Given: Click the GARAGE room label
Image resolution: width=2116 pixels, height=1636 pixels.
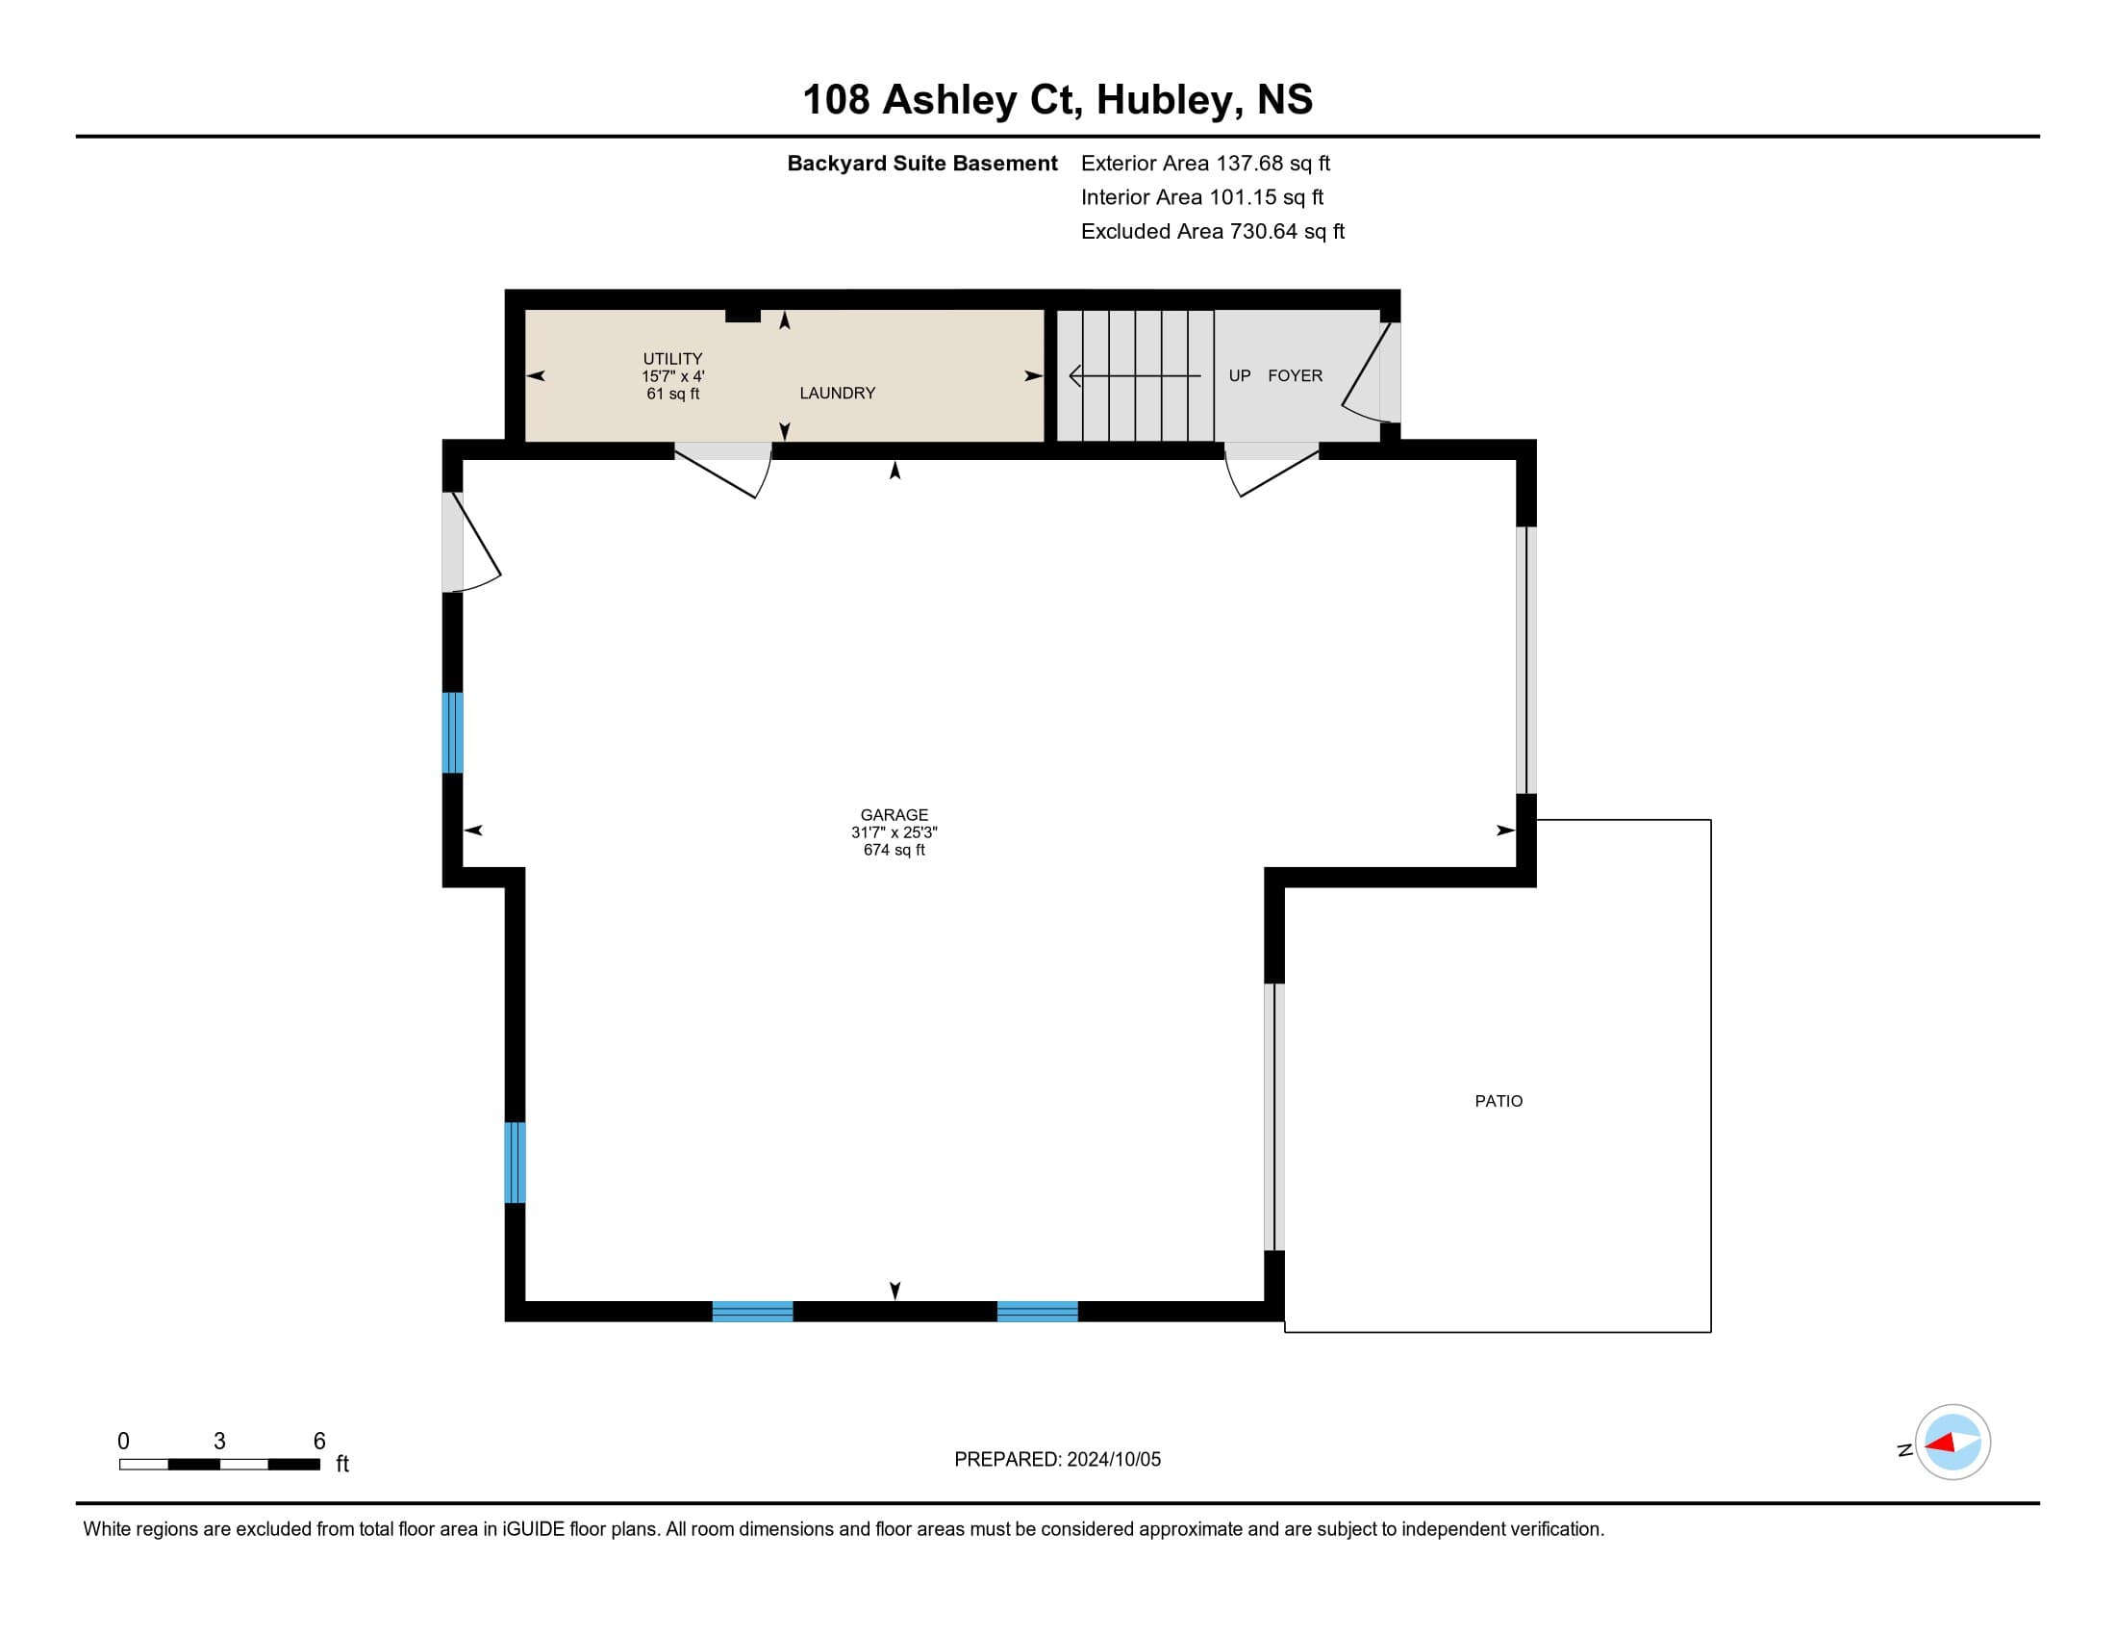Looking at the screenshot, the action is [x=894, y=815].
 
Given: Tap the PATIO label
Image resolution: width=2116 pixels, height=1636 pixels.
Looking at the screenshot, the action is [x=1499, y=1101].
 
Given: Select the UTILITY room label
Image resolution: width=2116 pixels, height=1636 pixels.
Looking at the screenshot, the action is [x=672, y=359].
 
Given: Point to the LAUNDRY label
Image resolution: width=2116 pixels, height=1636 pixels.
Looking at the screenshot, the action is [x=837, y=393].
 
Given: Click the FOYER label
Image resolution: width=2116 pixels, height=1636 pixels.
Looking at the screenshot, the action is [x=1296, y=376].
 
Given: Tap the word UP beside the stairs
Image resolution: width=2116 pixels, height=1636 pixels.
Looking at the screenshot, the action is [x=1240, y=376].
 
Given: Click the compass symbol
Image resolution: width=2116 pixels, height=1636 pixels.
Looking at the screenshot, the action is [x=1952, y=1443].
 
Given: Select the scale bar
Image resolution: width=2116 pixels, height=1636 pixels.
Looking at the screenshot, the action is [x=220, y=1465].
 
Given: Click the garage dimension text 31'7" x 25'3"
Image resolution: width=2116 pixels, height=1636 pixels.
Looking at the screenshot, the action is [x=894, y=832].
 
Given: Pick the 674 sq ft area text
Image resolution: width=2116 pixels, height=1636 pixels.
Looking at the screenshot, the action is [x=894, y=850].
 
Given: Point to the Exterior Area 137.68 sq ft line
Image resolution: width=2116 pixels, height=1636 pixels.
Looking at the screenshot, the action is [x=1205, y=164].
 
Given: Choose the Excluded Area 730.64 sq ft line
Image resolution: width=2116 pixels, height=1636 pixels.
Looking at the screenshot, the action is [x=1213, y=232].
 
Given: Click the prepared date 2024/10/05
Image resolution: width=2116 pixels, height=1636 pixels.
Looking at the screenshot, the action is [x=1113, y=1460].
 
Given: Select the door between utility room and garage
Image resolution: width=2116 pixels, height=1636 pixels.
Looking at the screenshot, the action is [x=723, y=470].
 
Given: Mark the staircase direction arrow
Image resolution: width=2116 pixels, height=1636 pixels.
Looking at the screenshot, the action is [x=1135, y=376].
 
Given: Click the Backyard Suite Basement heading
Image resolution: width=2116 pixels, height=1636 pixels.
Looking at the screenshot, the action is [x=922, y=164].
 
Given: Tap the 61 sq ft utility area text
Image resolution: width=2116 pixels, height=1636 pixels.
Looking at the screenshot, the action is [x=672, y=394].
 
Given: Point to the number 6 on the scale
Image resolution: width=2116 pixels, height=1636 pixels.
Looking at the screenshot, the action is [x=319, y=1442].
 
